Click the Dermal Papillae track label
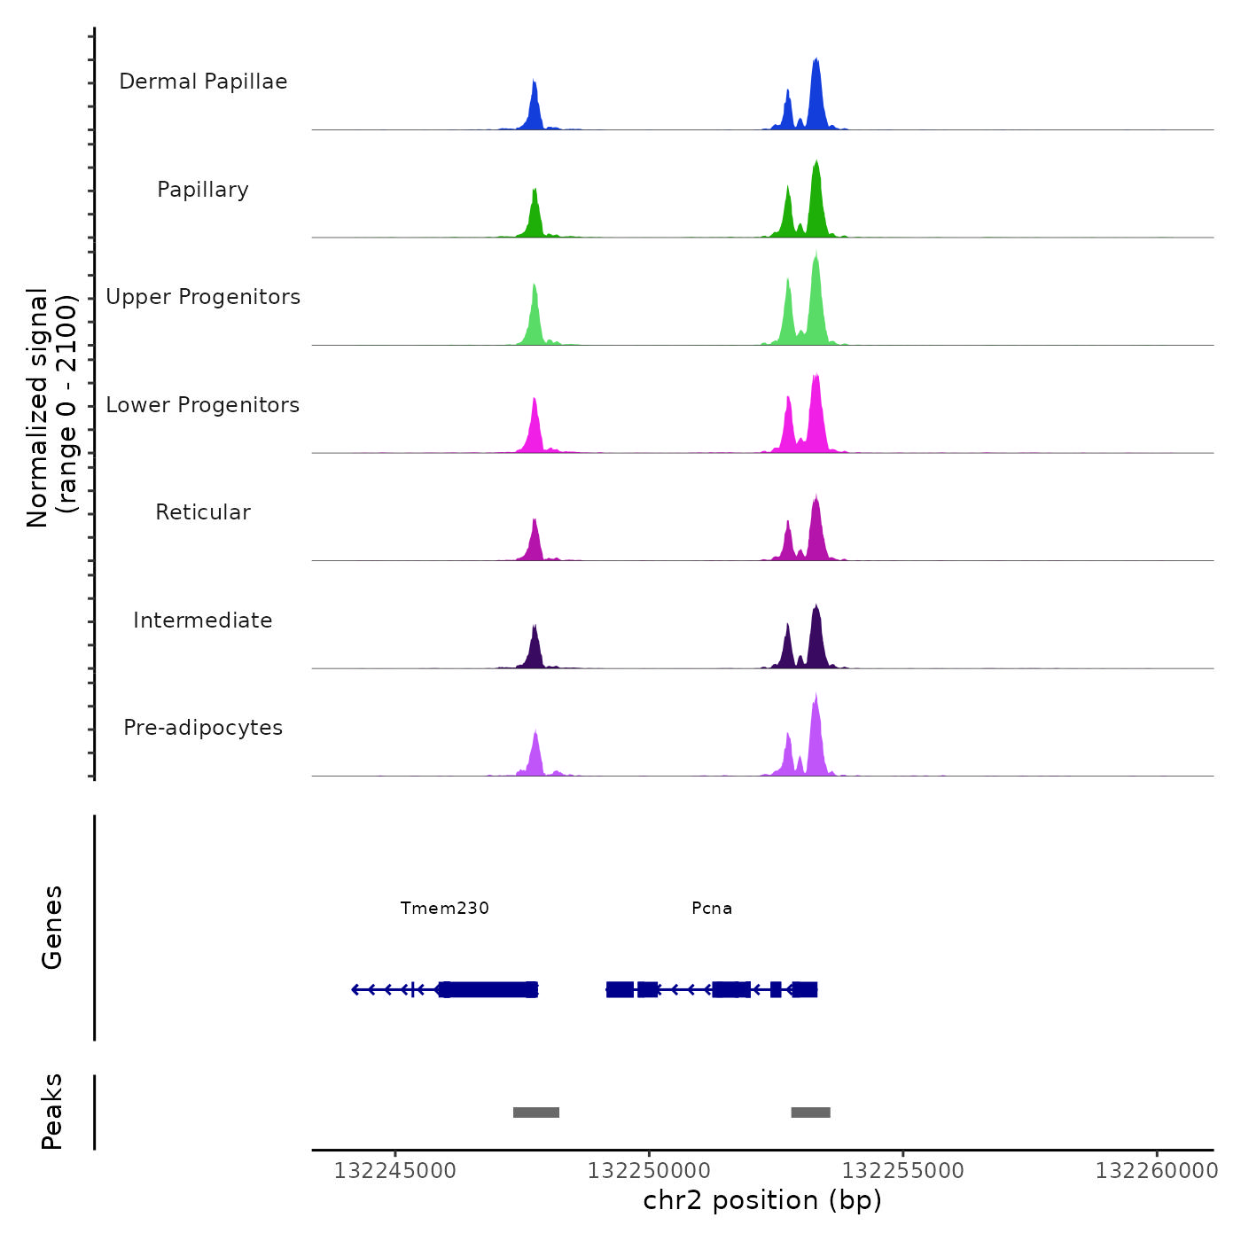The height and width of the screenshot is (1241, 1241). click(203, 82)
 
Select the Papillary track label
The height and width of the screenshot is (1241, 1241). click(203, 190)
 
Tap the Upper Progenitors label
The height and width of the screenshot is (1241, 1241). click(203, 297)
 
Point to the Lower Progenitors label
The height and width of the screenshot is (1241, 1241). click(203, 405)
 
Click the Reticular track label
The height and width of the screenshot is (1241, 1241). click(203, 512)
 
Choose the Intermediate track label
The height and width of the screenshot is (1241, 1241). click(203, 620)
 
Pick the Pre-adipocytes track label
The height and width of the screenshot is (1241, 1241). click(203, 728)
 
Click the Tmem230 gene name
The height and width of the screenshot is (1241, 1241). click(444, 908)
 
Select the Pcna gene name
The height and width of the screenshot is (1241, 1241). click(712, 908)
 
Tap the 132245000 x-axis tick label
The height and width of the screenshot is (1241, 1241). click(394, 1170)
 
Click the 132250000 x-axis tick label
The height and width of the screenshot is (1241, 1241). click(649, 1170)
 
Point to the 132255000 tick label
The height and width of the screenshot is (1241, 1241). click(902, 1170)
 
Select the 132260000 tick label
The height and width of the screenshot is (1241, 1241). click(1157, 1170)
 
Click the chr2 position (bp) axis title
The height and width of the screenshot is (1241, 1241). click(762, 1200)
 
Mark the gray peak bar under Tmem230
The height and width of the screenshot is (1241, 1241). click(536, 1112)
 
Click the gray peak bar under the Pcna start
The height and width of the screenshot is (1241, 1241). click(810, 1112)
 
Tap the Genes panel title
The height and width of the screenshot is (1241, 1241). click(52, 927)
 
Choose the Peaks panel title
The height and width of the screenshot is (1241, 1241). click(52, 1112)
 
